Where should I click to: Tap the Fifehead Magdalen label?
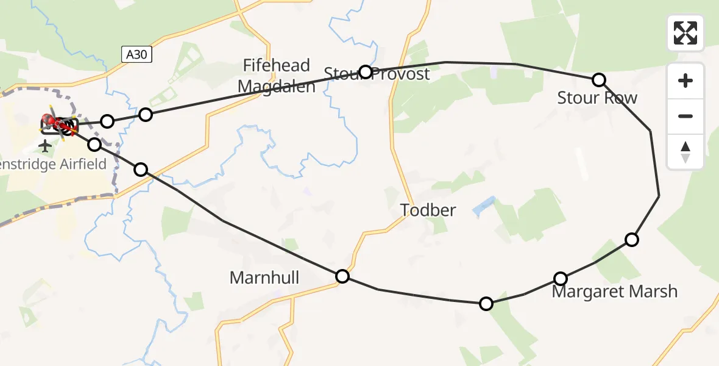(x=277, y=76)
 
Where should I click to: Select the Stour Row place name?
(x=597, y=98)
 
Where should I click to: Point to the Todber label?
(x=428, y=210)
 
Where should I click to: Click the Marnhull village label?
(x=264, y=278)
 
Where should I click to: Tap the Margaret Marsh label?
(x=614, y=292)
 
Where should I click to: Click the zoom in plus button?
(x=685, y=81)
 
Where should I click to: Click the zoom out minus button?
(x=685, y=116)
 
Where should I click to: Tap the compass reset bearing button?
(x=685, y=151)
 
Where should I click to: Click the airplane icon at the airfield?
(x=45, y=146)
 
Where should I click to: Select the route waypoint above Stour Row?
(x=599, y=80)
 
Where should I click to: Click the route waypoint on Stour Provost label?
(x=365, y=72)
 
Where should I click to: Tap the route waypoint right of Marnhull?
(x=342, y=276)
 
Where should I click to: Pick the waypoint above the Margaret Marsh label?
(x=560, y=279)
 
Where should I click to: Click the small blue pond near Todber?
(x=483, y=206)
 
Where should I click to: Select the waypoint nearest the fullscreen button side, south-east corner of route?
(x=632, y=240)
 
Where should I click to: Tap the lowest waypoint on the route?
(x=486, y=303)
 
